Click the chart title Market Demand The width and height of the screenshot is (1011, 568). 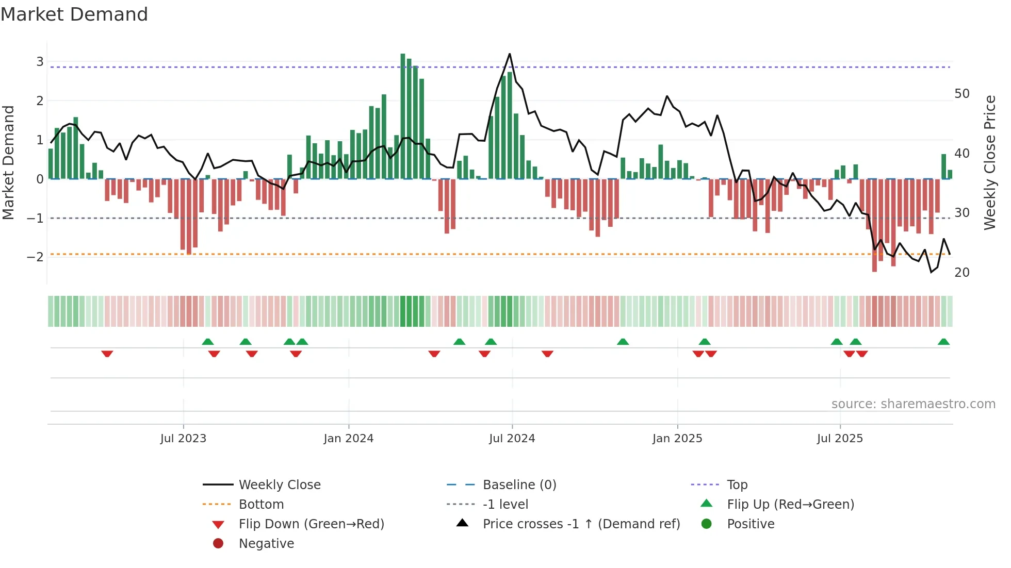(74, 14)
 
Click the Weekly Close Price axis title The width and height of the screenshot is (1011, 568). (989, 162)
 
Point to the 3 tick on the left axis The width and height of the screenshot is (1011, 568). (40, 62)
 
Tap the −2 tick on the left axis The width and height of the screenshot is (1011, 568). (36, 257)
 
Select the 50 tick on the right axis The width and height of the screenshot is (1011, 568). (961, 94)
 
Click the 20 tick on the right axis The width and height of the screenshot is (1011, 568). (961, 272)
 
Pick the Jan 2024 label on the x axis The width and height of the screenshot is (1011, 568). (348, 439)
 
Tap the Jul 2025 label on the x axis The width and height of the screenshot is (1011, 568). (840, 439)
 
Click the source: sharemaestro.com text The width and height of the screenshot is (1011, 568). (913, 404)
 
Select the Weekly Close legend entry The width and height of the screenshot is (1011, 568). (279, 485)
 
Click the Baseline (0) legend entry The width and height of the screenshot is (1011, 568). (519, 485)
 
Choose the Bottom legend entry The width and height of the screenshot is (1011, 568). (261, 504)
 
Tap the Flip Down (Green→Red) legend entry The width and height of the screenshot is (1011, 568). (311, 524)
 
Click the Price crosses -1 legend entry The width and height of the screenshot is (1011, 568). (581, 524)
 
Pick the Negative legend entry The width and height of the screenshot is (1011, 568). (266, 543)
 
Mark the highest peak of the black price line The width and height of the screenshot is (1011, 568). (510, 54)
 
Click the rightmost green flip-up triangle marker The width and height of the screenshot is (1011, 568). (943, 342)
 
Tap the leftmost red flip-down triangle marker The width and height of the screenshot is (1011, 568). (107, 354)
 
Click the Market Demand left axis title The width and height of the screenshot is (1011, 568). (9, 162)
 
